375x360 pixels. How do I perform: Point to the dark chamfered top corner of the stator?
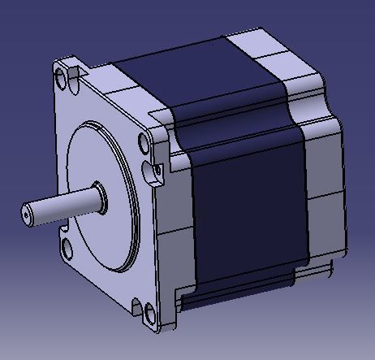coord(231,122)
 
